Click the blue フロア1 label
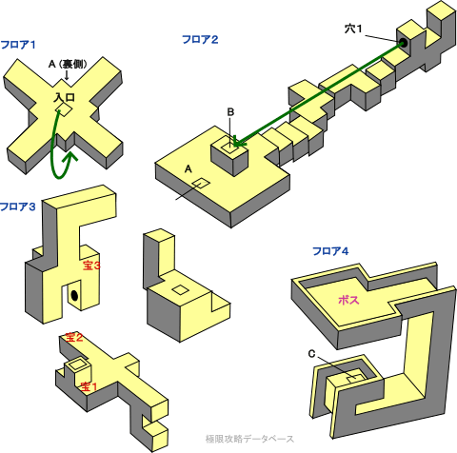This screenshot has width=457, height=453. (18, 45)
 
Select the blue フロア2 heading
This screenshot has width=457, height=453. (200, 40)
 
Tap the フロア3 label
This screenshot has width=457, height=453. (18, 207)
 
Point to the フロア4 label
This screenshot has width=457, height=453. (330, 251)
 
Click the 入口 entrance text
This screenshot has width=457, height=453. (65, 97)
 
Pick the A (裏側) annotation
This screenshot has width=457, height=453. (68, 65)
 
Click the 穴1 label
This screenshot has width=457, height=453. (353, 30)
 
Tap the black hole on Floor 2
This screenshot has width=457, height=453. (404, 43)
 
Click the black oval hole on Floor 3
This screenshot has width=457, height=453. (74, 295)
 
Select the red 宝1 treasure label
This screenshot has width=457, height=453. (89, 386)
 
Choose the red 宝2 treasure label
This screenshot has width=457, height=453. (74, 338)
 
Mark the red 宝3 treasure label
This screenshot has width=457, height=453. (91, 266)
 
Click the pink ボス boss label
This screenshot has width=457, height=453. (348, 300)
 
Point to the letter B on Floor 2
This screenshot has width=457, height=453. (230, 112)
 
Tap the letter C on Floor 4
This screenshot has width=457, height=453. (311, 354)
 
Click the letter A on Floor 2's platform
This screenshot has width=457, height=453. (189, 169)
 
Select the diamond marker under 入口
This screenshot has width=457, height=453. (64, 109)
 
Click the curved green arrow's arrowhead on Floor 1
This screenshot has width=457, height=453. (70, 157)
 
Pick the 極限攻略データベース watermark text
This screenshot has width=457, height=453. (249, 439)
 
